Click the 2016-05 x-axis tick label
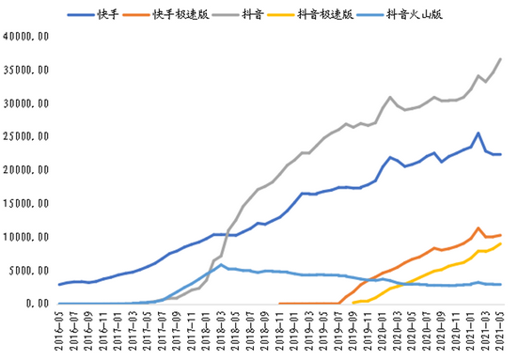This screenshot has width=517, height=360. point(60,329)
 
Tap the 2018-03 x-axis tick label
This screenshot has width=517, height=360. point(221,329)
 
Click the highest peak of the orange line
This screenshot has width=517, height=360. point(479,227)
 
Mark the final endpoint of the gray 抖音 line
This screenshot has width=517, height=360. point(501,59)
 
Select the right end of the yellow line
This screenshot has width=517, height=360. point(501,243)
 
